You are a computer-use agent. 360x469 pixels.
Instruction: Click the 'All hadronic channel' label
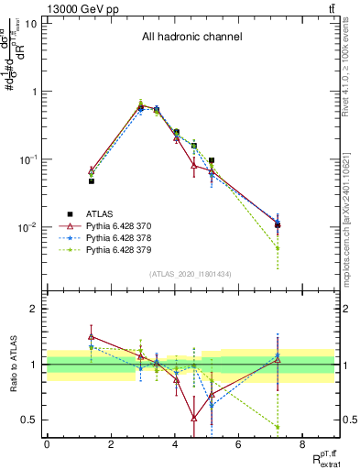point(191,38)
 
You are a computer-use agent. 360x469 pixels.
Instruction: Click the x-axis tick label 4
point(174,444)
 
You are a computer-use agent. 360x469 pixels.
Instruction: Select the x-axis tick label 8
point(301,444)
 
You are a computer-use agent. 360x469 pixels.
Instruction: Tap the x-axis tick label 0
point(47,444)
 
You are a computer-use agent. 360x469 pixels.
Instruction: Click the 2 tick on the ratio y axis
point(35,309)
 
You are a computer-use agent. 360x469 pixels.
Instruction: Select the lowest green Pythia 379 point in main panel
point(277,248)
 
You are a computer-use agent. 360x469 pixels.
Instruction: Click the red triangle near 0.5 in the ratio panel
point(194,418)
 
